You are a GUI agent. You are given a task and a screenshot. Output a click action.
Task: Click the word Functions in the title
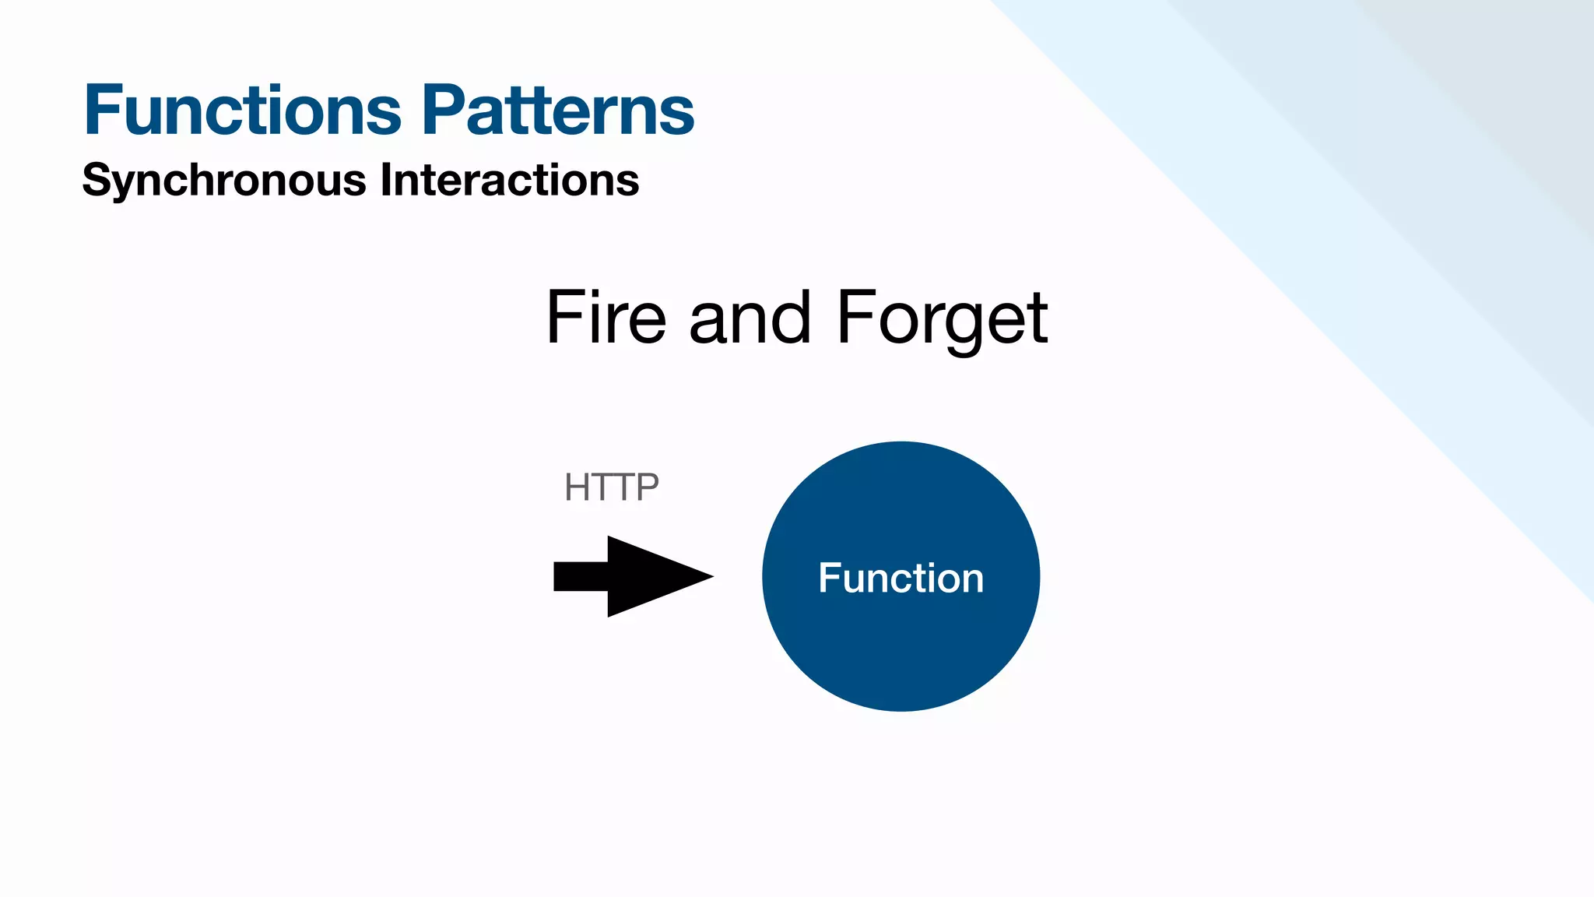coord(243,111)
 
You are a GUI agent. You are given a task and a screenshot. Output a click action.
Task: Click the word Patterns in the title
coord(558,111)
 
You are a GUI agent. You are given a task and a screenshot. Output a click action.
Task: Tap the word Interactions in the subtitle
coord(509,180)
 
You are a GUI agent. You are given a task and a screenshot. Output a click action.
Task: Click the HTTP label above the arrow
coord(612,488)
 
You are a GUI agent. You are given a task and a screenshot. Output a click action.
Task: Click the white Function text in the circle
coord(901,578)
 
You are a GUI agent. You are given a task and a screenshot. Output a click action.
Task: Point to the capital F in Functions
coord(104,111)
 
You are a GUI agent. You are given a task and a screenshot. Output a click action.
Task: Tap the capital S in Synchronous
coord(97,181)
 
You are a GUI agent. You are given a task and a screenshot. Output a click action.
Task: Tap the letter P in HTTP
coord(648,488)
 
